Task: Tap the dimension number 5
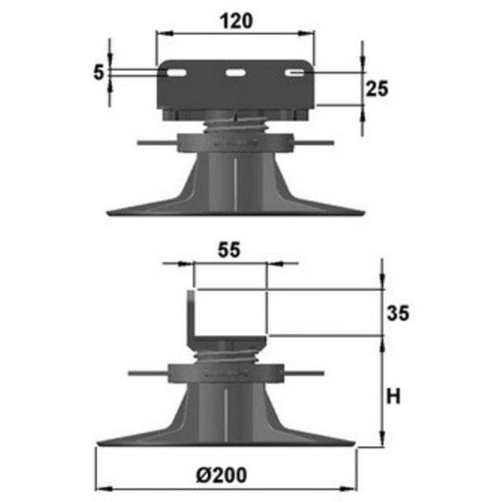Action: pos(99,72)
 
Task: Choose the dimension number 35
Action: pos(399,313)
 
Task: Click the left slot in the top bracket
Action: pos(176,72)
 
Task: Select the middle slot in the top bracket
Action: pos(235,72)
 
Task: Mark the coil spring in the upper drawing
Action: pos(235,128)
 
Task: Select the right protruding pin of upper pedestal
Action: pos(316,143)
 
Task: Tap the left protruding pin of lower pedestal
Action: pos(147,373)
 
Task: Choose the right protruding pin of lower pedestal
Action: pos(307,373)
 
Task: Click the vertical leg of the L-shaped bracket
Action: pos(191,314)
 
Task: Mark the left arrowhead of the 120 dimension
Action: pos(161,33)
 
